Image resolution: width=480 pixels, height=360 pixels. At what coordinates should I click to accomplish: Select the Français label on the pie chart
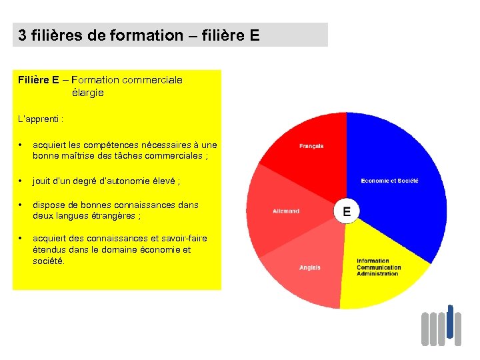click(311, 146)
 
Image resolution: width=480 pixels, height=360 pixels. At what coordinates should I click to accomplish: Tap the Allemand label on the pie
click(286, 211)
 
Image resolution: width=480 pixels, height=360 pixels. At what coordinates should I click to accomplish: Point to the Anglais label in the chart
click(309, 268)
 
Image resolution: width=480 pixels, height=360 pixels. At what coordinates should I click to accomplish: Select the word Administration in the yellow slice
click(378, 274)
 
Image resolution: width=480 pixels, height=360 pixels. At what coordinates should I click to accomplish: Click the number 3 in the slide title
click(23, 35)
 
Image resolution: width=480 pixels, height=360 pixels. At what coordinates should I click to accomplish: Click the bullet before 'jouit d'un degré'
click(22, 181)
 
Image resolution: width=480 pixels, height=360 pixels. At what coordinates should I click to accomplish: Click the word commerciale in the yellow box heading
click(152, 80)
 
